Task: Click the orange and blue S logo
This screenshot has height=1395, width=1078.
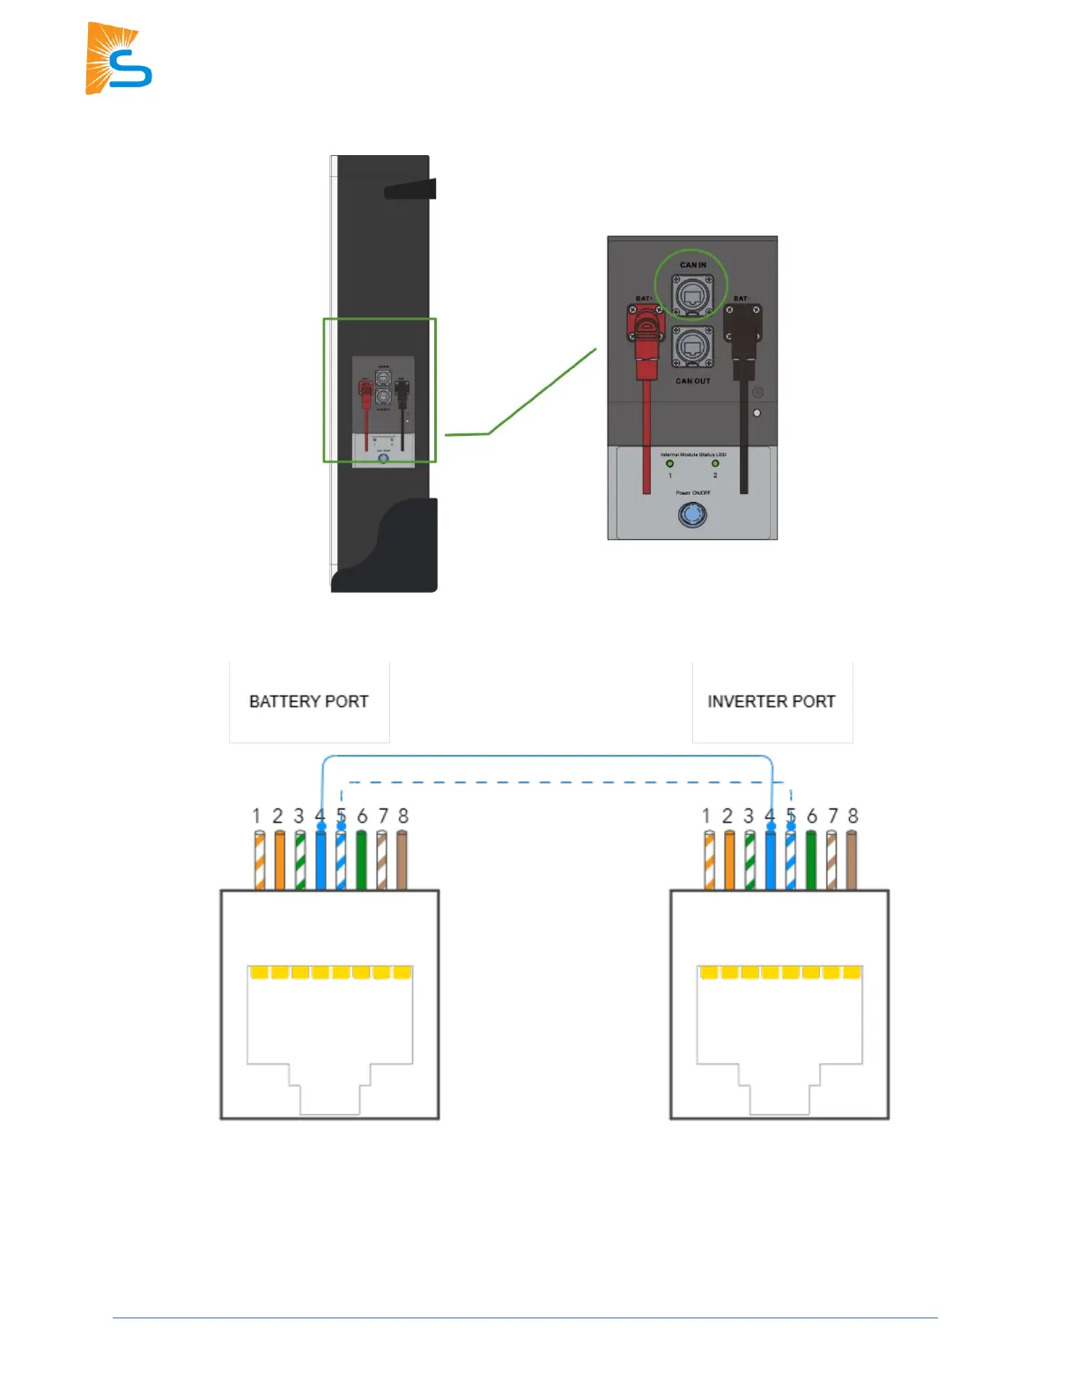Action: pyautogui.click(x=118, y=59)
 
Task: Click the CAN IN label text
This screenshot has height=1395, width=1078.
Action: pyautogui.click(x=692, y=264)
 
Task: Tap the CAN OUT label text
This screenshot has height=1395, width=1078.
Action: pyautogui.click(x=692, y=381)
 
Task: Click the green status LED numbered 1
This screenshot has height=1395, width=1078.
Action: pyautogui.click(x=669, y=463)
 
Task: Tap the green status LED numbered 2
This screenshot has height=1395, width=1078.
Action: pyautogui.click(x=715, y=463)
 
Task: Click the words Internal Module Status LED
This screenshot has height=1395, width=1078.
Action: pyautogui.click(x=693, y=454)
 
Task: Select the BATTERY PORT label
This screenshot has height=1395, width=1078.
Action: pyautogui.click(x=308, y=702)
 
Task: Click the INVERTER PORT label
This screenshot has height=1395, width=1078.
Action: pyautogui.click(x=772, y=702)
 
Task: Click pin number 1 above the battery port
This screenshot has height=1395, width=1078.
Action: pyautogui.click(x=256, y=816)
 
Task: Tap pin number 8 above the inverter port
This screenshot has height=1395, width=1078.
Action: pyautogui.click(x=853, y=816)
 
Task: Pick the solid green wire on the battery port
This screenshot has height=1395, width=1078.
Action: pyautogui.click(x=361, y=860)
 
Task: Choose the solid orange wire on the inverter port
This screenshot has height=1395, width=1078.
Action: pyautogui.click(x=729, y=860)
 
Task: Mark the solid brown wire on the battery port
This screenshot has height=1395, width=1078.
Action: pyautogui.click(x=402, y=860)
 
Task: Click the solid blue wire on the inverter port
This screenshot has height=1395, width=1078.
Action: pyautogui.click(x=771, y=860)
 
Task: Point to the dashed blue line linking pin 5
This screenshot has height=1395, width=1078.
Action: pyautogui.click(x=564, y=782)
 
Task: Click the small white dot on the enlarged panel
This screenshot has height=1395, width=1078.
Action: pyautogui.click(x=757, y=412)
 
